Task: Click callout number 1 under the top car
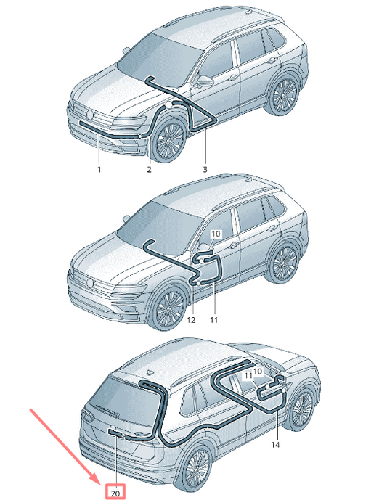tap(99, 169)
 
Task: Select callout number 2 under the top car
tap(149, 169)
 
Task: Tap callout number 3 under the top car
tap(205, 169)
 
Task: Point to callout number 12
tap(191, 319)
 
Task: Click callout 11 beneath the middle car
tap(213, 319)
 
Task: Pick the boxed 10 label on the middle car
tap(216, 234)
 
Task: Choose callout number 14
tap(275, 444)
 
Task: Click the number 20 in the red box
tap(115, 493)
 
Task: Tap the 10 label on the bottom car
tap(258, 371)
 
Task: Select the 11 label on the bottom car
tap(249, 376)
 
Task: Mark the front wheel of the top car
tap(168, 139)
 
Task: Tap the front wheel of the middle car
tap(168, 308)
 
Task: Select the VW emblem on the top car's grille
tap(89, 115)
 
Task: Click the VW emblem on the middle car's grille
tap(89, 282)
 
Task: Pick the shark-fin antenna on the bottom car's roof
tap(150, 372)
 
